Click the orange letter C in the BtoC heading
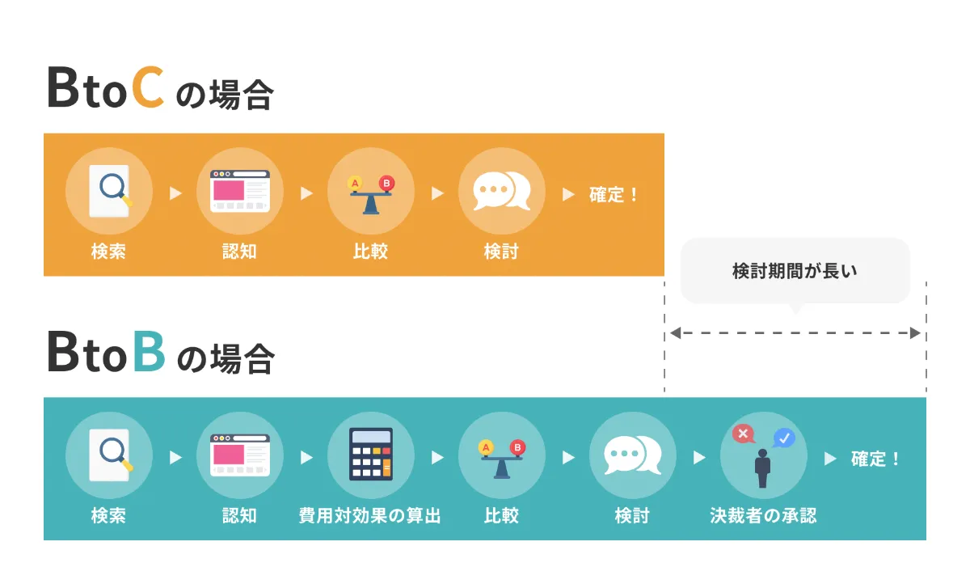[148, 88]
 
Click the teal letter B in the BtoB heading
[149, 351]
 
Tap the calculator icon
[370, 455]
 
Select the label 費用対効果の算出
[370, 515]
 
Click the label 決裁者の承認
[763, 515]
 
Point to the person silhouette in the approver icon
[762, 468]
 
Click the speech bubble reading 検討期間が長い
[795, 271]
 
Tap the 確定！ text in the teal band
[875, 459]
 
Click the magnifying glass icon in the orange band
[112, 190]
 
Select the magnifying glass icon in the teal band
[112, 453]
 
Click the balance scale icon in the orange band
[370, 194]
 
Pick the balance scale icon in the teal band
[501, 457]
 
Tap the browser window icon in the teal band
[239, 455]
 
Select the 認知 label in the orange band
[239, 252]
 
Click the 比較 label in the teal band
[501, 515]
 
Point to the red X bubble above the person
[742, 434]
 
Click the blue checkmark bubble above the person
[783, 438]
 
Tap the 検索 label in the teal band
[108, 515]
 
